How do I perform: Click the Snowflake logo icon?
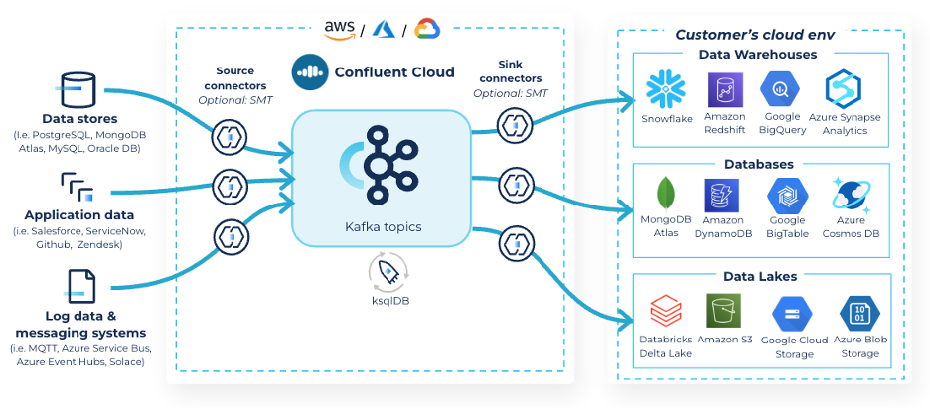(x=666, y=89)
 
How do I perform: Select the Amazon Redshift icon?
(x=725, y=90)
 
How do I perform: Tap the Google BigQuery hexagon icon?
(x=780, y=89)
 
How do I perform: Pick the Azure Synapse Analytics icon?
(x=845, y=89)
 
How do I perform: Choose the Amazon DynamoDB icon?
(x=722, y=195)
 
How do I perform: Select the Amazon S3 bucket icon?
(x=723, y=311)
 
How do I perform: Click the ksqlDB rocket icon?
(x=388, y=272)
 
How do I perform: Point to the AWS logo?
(x=339, y=29)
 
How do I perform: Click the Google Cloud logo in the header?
(x=426, y=29)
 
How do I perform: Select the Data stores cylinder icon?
(x=77, y=90)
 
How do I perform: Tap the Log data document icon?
(x=80, y=288)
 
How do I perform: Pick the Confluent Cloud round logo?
(x=310, y=71)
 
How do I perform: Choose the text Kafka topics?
(x=384, y=227)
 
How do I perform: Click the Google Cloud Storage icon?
(x=792, y=315)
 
